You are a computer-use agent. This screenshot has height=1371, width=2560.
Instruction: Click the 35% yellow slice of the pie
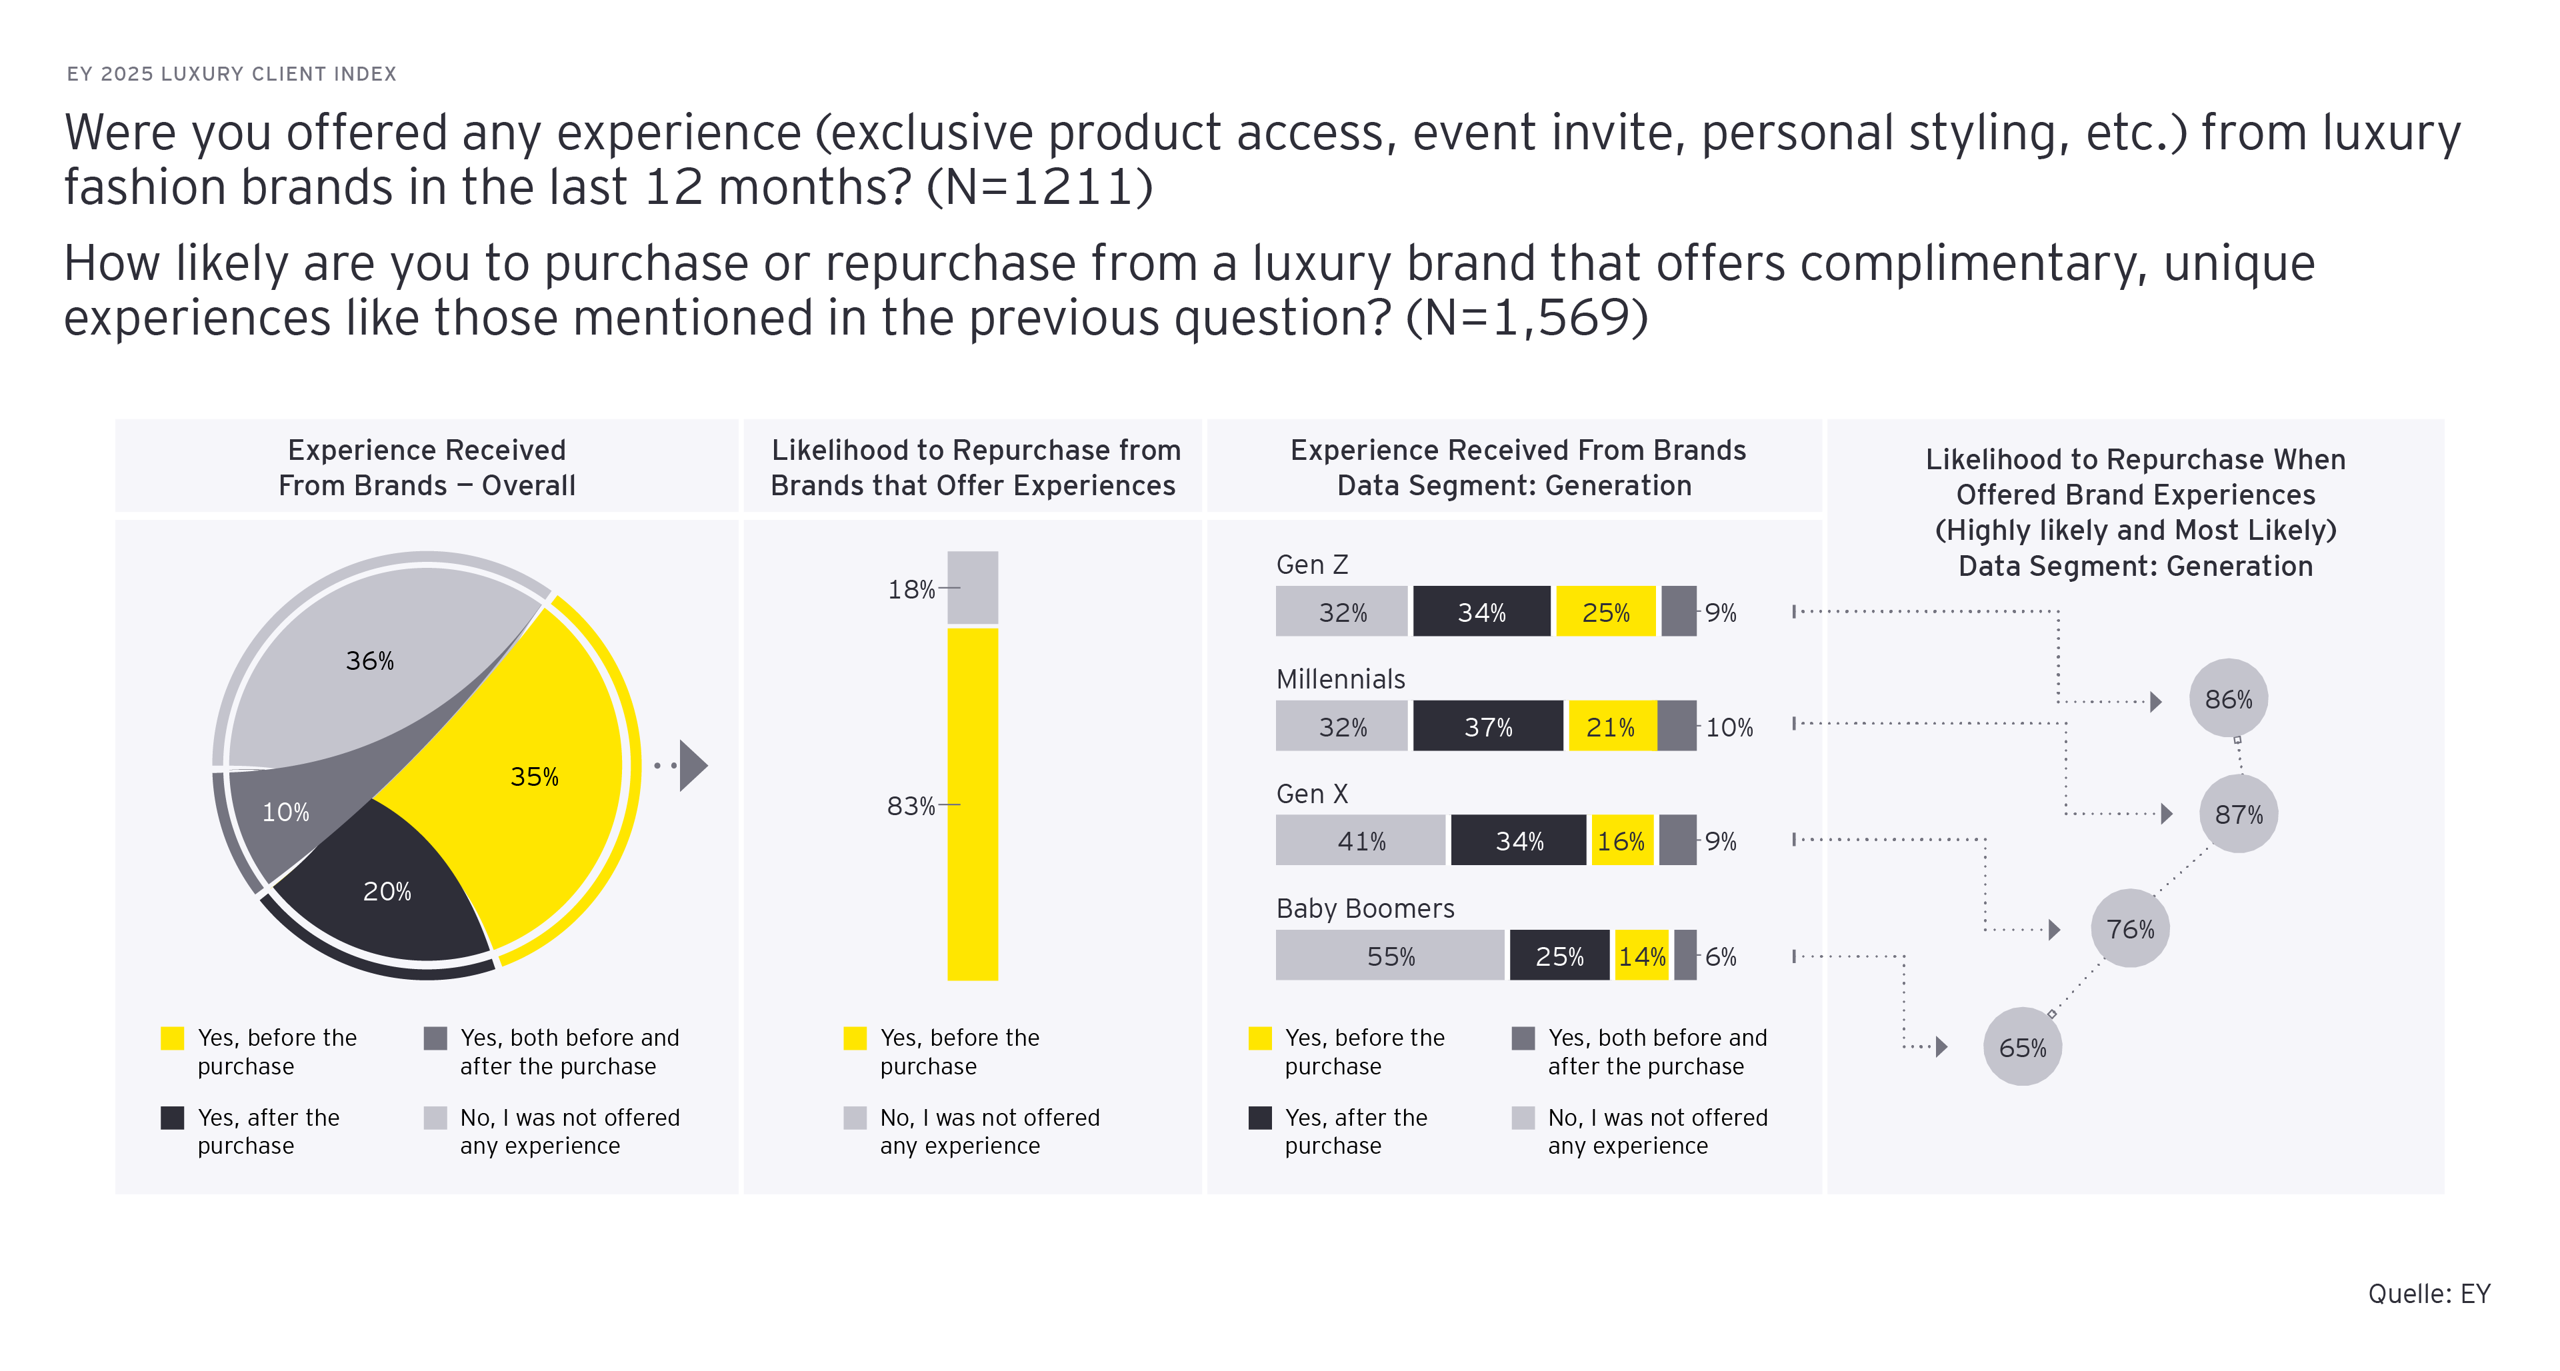coord(527,785)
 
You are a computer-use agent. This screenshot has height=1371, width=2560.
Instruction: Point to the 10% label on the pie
coord(285,812)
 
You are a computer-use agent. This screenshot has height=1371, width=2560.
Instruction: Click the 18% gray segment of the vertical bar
coord(972,587)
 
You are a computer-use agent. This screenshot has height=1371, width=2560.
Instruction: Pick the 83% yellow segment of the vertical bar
coord(972,804)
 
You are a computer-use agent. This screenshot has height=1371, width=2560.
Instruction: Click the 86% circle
coord(2228,698)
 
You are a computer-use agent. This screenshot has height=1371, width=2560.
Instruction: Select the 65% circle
coord(2023,1046)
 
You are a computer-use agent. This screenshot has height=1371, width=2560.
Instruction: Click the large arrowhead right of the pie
coord(693,765)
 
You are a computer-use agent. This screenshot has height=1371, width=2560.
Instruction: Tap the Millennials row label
coord(1341,680)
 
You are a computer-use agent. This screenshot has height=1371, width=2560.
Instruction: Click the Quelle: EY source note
coord(2429,1294)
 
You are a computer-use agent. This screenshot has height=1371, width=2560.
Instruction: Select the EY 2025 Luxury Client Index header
coord(231,73)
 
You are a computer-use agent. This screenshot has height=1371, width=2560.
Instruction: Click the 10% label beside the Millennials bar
coord(1729,727)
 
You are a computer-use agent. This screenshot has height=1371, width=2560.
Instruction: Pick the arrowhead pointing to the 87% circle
coord(2167,814)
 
